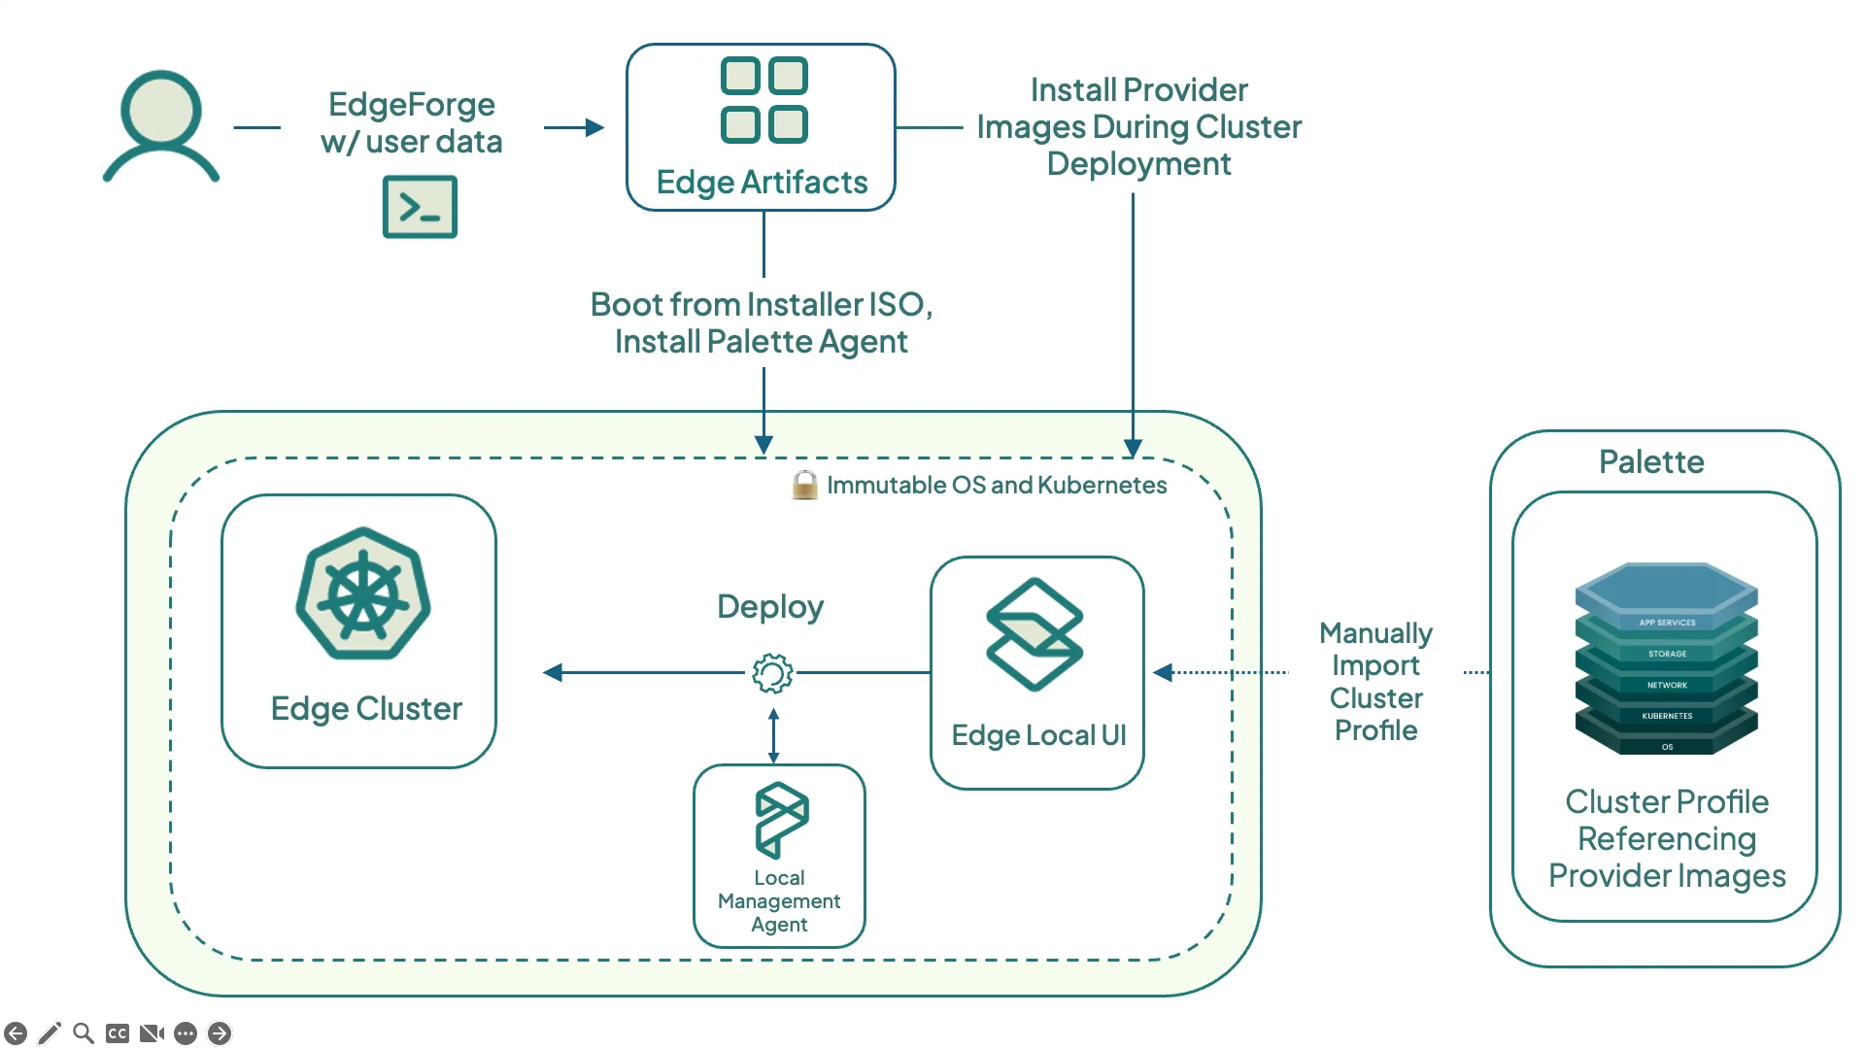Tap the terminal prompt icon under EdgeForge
(420, 207)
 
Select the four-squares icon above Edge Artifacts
(763, 100)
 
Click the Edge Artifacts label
(762, 182)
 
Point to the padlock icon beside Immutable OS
(804, 485)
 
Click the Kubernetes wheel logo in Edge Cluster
(363, 594)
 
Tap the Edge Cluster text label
(366, 708)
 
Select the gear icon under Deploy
(772, 672)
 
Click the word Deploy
(770, 606)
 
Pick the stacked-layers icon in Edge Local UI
(1034, 634)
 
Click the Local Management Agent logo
(781, 819)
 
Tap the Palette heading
(1651, 461)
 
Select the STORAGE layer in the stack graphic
(1667, 654)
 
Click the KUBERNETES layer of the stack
(1667, 716)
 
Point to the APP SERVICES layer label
(1667, 623)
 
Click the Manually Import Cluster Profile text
(1375, 681)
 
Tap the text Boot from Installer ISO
(761, 305)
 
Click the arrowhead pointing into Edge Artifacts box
(595, 127)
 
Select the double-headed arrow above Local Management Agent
(773, 735)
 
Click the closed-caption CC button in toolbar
(118, 1032)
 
